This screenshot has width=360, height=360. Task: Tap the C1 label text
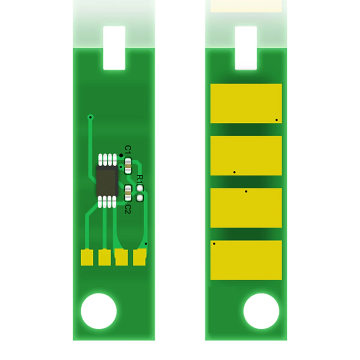click(128, 149)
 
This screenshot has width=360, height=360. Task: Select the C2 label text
click(128, 209)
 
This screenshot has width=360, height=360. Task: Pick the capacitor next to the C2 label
click(128, 193)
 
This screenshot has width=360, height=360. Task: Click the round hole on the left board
click(99, 311)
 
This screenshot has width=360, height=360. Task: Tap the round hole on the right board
click(261, 311)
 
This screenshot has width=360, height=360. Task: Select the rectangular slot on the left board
click(114, 48)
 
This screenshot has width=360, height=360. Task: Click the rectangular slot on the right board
click(246, 48)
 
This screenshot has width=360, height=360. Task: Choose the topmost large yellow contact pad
click(246, 103)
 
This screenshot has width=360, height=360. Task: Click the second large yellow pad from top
click(246, 156)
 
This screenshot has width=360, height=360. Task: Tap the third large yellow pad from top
click(246, 208)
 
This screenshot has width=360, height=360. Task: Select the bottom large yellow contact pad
click(246, 260)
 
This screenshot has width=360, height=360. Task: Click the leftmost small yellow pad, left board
click(87, 258)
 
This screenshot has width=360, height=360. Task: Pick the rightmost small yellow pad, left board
click(139, 258)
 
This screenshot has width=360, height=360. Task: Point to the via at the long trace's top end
click(90, 117)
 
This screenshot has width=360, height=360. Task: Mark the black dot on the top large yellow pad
click(277, 120)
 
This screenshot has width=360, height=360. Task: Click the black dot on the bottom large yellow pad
click(214, 244)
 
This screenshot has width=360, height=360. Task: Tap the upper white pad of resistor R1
click(139, 188)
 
